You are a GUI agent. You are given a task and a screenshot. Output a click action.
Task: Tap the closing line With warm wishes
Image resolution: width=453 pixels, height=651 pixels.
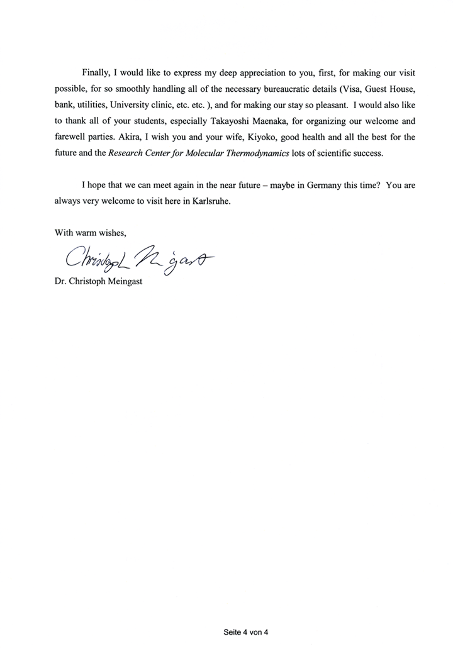(x=91, y=234)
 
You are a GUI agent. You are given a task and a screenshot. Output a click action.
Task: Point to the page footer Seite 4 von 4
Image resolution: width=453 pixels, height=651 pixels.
(x=245, y=631)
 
